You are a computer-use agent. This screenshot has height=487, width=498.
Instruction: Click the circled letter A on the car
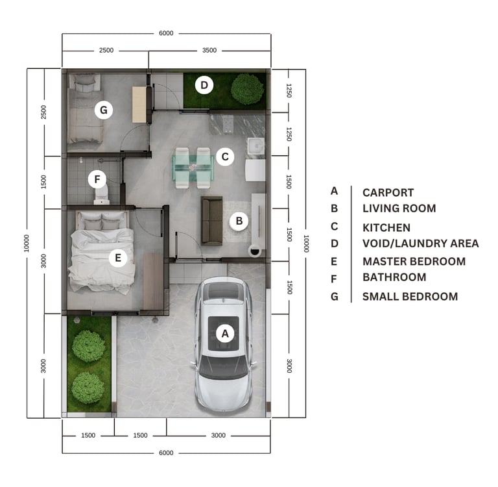click(x=225, y=333)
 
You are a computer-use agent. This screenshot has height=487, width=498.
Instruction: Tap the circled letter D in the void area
click(x=204, y=85)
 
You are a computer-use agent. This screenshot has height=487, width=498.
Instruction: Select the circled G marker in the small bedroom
click(x=104, y=110)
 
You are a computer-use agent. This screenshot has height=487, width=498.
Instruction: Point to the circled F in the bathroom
click(x=97, y=179)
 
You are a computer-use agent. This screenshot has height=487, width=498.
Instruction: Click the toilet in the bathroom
click(x=102, y=195)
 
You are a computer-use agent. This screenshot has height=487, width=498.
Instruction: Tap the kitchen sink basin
click(x=256, y=145)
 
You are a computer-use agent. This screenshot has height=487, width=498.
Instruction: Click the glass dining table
click(x=193, y=168)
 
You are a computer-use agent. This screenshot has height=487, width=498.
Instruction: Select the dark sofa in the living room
click(x=212, y=221)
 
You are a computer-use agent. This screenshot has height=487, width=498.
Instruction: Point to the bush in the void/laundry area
click(x=248, y=89)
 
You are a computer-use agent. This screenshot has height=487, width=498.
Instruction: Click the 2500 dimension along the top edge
click(x=106, y=50)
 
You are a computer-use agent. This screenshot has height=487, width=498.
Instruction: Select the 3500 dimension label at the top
click(x=209, y=50)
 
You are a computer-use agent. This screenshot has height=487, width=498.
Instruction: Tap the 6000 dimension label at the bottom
click(x=166, y=453)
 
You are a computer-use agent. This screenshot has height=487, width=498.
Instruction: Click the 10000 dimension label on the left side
click(x=27, y=243)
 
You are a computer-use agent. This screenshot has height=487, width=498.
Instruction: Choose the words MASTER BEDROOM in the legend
click(x=414, y=261)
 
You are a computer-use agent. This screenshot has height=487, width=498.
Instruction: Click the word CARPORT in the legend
click(x=388, y=192)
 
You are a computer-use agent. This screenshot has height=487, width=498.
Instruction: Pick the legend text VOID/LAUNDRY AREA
click(x=420, y=243)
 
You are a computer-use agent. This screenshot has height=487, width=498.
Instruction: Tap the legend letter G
click(x=334, y=297)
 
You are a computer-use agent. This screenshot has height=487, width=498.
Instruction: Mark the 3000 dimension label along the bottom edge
click(x=218, y=435)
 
